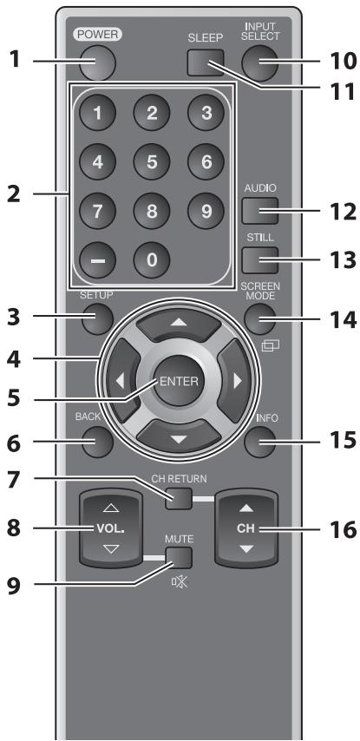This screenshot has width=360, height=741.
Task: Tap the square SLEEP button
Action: coord(202,62)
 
